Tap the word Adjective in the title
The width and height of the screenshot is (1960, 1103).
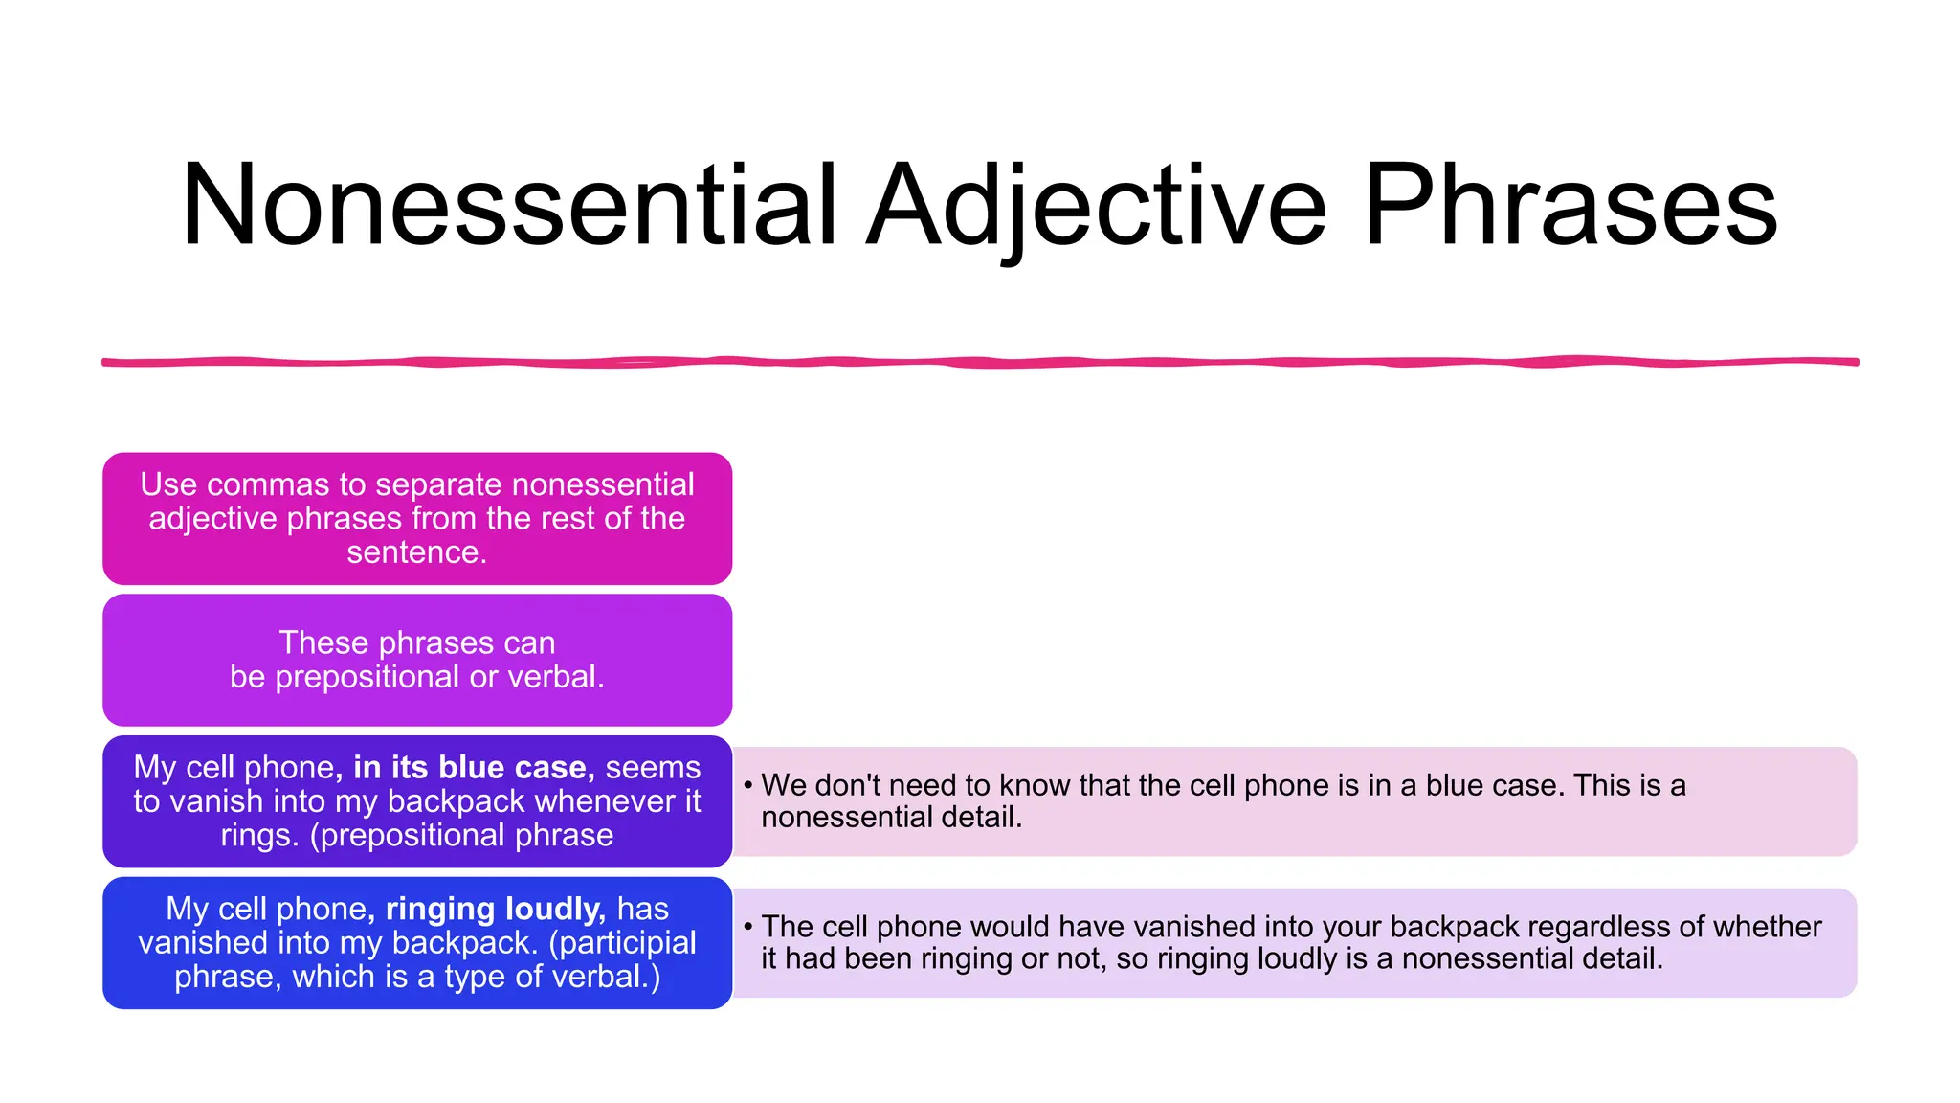tap(1097, 205)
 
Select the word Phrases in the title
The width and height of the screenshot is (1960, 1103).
tap(1570, 205)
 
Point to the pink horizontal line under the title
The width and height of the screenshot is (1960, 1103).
tap(980, 362)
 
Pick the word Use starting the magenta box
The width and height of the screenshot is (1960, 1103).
tap(167, 484)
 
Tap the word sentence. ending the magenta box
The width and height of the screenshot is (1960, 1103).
tap(416, 552)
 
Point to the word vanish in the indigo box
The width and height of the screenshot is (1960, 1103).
tap(219, 801)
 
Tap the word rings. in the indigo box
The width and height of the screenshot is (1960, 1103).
tap(259, 835)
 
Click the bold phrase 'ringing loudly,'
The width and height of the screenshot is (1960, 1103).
tap(495, 909)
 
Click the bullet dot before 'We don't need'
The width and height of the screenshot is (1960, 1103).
tap(747, 786)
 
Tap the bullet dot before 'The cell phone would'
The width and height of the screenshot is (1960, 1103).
tap(747, 927)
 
